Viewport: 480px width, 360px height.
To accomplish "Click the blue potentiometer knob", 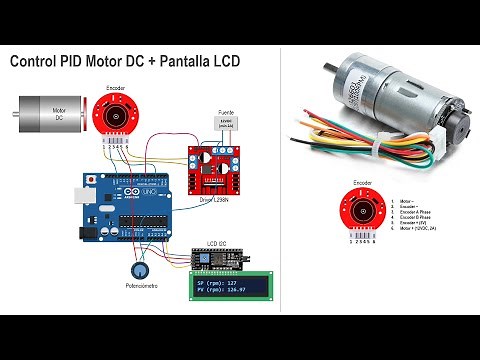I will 137,271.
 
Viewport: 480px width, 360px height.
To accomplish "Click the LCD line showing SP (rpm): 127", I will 226,282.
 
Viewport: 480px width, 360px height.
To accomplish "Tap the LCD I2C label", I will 218,243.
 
